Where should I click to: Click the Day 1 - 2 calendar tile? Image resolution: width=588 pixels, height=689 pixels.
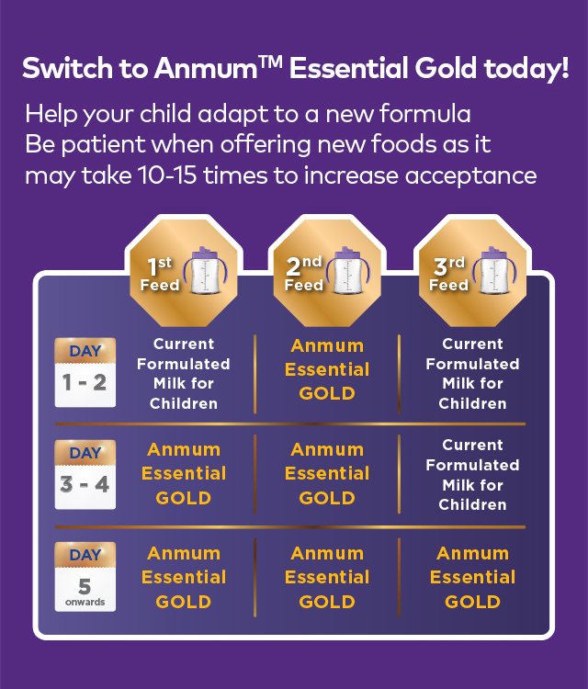point(85,373)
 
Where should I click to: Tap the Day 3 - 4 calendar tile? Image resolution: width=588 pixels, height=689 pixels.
point(85,475)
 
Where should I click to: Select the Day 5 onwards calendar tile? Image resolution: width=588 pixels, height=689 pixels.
point(85,577)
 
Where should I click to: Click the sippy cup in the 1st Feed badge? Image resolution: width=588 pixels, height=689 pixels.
point(205,270)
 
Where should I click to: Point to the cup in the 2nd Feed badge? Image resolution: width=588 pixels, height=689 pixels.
point(348,270)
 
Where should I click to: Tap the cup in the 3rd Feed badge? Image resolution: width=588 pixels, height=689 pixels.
point(494,270)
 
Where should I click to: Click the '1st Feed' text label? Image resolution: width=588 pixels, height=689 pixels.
point(160,274)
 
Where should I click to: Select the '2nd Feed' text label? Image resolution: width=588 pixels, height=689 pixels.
point(304,274)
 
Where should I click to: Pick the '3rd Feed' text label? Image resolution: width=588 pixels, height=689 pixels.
point(448,274)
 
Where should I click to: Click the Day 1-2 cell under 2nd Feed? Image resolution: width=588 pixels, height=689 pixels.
point(327,369)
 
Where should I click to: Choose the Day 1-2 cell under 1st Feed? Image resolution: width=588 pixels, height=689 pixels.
point(183,374)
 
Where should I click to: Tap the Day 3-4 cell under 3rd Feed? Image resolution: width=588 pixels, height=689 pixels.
point(472,475)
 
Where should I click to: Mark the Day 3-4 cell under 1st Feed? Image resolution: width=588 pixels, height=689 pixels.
point(183,474)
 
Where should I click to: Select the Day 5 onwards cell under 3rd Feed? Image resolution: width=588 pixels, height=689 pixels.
point(472,578)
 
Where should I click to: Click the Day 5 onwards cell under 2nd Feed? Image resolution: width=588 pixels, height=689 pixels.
point(327,578)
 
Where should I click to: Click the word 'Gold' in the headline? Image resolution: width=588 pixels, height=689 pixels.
point(446,68)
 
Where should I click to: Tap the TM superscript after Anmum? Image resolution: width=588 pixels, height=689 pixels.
point(271,62)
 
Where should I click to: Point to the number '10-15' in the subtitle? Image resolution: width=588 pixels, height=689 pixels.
point(167,175)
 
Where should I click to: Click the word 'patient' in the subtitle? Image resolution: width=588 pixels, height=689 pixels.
point(103,145)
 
